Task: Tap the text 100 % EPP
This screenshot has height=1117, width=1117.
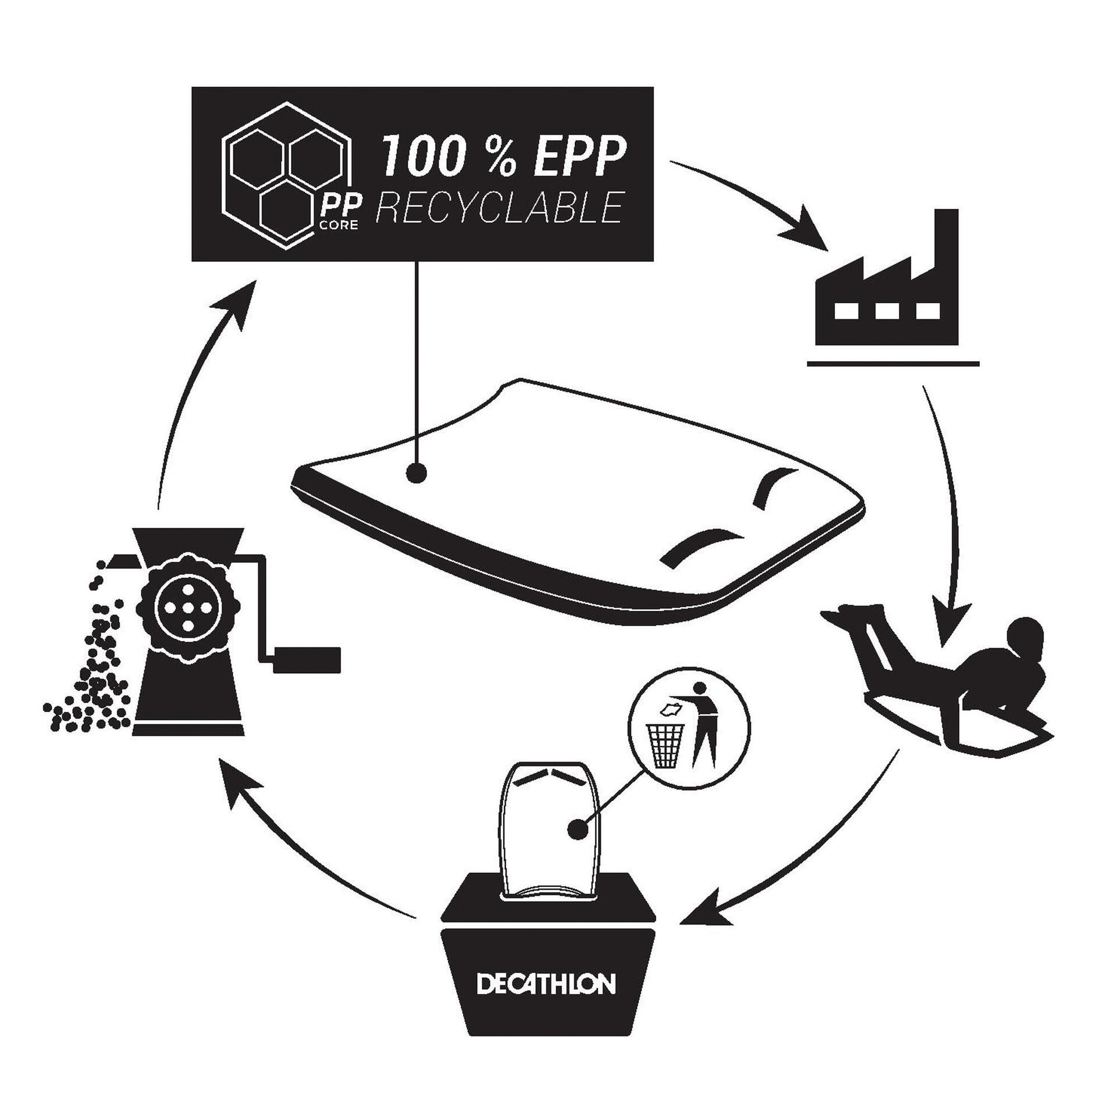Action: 503,156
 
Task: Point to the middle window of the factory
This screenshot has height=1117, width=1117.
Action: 885,311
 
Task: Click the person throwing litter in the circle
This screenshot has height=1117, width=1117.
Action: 703,724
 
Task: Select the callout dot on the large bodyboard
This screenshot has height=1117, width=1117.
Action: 415,474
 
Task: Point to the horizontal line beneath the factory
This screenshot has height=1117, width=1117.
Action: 893,364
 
